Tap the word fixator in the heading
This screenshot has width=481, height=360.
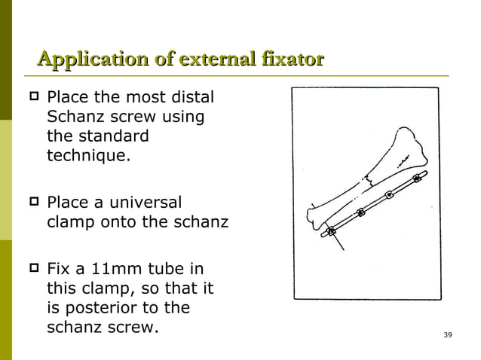coord(290,58)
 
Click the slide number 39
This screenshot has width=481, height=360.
coord(448,334)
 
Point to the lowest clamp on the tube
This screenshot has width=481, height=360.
coord(330,230)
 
